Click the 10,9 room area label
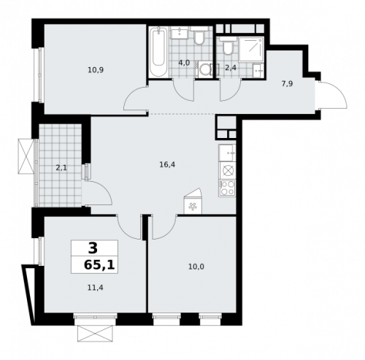95,70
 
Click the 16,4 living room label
167,165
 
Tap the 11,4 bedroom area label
95,288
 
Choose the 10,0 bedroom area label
196,267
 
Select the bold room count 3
93,248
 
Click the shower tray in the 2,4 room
252,47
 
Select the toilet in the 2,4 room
228,48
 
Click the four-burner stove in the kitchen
227,188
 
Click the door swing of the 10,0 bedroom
164,227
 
